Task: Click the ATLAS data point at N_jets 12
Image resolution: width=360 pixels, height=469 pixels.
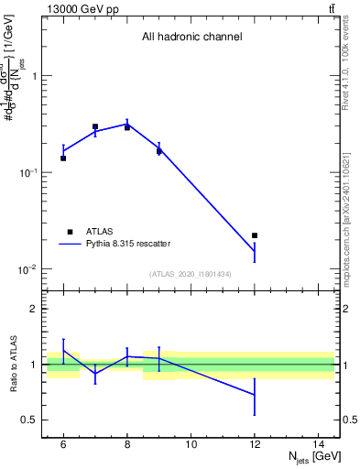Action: click(x=255, y=235)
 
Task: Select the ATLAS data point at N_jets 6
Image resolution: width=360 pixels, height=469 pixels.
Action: click(x=63, y=158)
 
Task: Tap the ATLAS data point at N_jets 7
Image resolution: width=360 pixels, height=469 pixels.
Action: click(x=95, y=126)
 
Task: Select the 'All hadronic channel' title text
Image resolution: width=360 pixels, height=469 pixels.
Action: click(x=191, y=38)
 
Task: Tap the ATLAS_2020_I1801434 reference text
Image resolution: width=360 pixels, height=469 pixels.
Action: click(x=191, y=275)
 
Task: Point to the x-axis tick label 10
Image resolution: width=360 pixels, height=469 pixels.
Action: click(x=191, y=444)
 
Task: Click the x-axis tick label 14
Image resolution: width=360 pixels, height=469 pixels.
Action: click(x=318, y=444)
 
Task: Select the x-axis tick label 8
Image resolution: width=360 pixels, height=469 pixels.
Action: click(x=127, y=444)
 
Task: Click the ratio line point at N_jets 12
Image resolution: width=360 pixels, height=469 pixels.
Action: click(x=255, y=394)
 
